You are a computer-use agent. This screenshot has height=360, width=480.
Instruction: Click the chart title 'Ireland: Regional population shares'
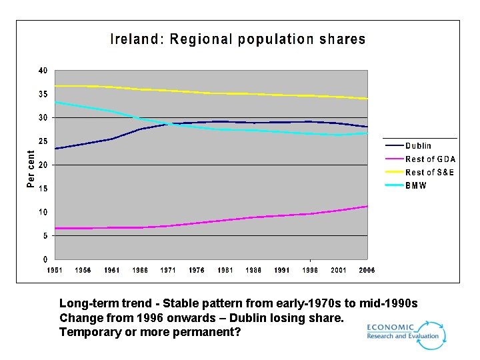pyautogui.click(x=238, y=39)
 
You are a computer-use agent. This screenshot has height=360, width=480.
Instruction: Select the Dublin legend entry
pyautogui.click(x=418, y=145)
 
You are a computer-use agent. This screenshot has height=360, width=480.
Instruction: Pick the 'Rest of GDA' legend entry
pyautogui.click(x=430, y=159)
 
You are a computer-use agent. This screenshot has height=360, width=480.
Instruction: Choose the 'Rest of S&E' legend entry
pyautogui.click(x=429, y=172)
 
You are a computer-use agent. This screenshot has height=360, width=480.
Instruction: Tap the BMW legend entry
pyautogui.click(x=416, y=185)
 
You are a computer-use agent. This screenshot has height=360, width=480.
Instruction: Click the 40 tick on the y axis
pyautogui.click(x=43, y=71)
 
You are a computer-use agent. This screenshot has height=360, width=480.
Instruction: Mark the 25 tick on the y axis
pyautogui.click(x=43, y=141)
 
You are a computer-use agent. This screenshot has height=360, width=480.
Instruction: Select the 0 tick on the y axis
pyautogui.click(x=45, y=259)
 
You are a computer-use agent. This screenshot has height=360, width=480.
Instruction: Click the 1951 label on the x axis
pyautogui.click(x=55, y=270)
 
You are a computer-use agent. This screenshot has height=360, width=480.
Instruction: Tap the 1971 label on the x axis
pyautogui.click(x=168, y=270)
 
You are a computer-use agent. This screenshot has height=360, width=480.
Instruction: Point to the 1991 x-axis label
pyautogui.click(x=281, y=270)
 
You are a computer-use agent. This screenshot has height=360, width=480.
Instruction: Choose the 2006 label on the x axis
pyautogui.click(x=366, y=270)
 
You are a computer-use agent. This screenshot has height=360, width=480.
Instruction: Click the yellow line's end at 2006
pyautogui.click(x=367, y=99)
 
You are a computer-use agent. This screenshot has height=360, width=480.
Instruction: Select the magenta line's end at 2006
pyautogui.click(x=367, y=206)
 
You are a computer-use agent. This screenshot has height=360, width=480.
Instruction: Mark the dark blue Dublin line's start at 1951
pyautogui.click(x=55, y=149)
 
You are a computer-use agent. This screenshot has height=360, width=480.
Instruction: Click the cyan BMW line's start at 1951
pyautogui.click(x=55, y=102)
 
